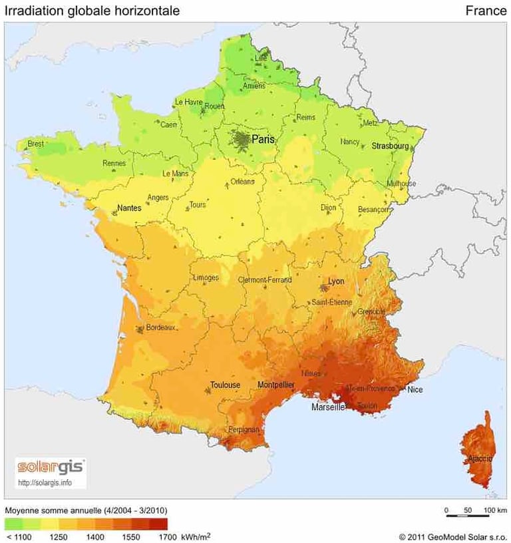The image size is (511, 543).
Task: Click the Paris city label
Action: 263,140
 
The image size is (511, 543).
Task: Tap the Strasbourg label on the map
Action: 389,145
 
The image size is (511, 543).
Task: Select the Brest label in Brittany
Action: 35,144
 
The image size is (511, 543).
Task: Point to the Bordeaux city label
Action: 160,327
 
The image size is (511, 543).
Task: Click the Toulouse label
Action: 225,385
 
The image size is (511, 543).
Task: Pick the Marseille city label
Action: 328,407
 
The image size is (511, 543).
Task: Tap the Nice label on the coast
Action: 415,389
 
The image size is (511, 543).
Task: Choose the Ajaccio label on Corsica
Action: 480,458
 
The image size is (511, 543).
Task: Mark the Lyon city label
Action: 336,281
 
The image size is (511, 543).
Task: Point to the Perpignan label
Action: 244,430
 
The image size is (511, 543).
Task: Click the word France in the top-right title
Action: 486,11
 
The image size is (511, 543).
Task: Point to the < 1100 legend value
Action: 18,535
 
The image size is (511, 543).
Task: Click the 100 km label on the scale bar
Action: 496,510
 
